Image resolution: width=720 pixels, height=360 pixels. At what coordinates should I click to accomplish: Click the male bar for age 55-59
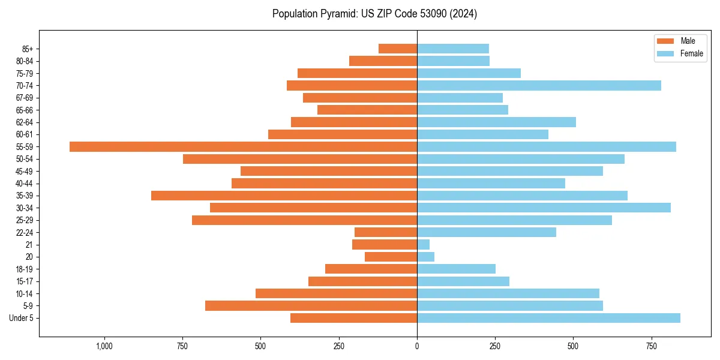[243, 146]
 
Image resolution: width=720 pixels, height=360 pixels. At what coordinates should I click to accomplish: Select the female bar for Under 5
[548, 318]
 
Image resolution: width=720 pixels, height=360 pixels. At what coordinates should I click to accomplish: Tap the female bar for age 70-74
[539, 86]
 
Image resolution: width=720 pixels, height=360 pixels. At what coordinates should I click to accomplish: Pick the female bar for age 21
[424, 245]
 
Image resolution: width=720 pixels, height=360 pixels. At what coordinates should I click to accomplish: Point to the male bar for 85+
[398, 49]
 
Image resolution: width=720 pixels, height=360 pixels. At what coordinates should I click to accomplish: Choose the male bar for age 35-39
[284, 196]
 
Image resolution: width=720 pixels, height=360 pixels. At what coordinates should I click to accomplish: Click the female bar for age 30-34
[544, 208]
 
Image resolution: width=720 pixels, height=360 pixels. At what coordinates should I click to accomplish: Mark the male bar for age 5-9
[311, 306]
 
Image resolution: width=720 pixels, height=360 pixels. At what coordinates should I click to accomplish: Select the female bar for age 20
[426, 257]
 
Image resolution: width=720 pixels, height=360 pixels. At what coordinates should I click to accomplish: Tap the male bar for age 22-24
[386, 232]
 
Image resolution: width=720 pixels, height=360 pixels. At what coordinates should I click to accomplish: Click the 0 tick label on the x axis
[417, 346]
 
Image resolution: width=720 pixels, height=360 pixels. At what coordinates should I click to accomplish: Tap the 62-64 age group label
[24, 122]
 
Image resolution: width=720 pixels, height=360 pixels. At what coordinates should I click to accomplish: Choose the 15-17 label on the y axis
[24, 281]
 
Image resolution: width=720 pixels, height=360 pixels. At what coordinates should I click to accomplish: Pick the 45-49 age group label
[24, 171]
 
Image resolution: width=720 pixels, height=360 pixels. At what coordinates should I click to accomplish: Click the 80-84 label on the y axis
[24, 61]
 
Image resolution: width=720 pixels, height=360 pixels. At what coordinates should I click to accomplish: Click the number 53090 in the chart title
[426, 14]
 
